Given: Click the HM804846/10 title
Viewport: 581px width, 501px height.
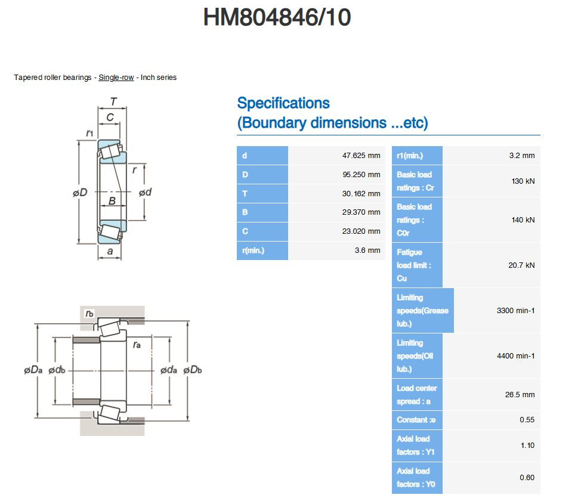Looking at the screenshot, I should [277, 18].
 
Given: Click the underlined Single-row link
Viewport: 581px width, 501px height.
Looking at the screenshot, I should [116, 78].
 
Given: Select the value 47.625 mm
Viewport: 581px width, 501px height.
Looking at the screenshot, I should [361, 156].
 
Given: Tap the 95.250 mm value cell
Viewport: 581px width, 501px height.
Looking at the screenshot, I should [361, 175].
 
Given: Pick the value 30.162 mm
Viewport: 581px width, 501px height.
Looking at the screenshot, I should [361, 194].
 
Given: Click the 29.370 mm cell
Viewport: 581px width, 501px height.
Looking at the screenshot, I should [361, 212].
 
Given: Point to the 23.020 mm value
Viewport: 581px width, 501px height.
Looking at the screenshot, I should [361, 231].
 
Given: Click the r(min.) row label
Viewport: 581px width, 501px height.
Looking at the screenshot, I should [254, 250].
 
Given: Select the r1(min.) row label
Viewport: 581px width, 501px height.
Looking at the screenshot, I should [410, 156].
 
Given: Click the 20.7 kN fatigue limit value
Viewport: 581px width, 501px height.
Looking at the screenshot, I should [521, 265].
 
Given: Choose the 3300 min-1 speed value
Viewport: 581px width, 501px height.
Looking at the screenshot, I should [515, 311].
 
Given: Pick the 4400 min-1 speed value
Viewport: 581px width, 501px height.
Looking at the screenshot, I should [515, 356].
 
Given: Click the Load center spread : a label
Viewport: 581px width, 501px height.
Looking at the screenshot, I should [417, 395].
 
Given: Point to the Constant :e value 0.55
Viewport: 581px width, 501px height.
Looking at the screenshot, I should [527, 420].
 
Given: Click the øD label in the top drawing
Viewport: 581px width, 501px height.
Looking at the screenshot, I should [80, 193].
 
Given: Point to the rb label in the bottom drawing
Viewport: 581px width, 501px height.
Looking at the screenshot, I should [90, 313].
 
